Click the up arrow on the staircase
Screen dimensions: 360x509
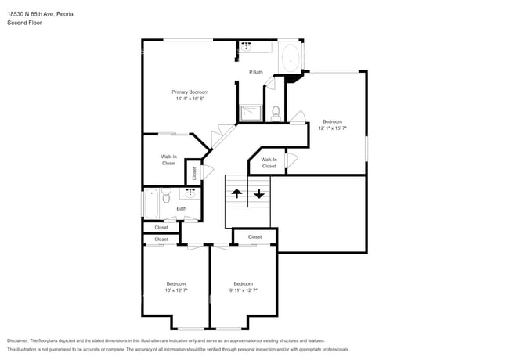tap(236, 193)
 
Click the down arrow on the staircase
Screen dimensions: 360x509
tap(259, 193)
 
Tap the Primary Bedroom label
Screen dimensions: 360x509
tap(190, 92)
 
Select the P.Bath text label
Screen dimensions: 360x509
tap(255, 73)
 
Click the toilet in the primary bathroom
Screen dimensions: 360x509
tap(276, 114)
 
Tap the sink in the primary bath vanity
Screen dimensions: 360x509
tap(246, 46)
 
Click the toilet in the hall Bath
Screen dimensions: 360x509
tap(165, 199)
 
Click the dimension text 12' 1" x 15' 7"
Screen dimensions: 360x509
tap(332, 128)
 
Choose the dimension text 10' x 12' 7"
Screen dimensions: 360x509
tap(175, 290)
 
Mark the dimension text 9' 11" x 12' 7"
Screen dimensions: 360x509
tap(243, 290)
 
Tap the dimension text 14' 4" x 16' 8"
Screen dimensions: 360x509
tap(190, 99)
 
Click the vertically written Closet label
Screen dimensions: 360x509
tap(194, 173)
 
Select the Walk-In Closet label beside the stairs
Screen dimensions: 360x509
tap(269, 163)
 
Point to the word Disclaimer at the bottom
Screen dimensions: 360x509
tap(21, 341)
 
